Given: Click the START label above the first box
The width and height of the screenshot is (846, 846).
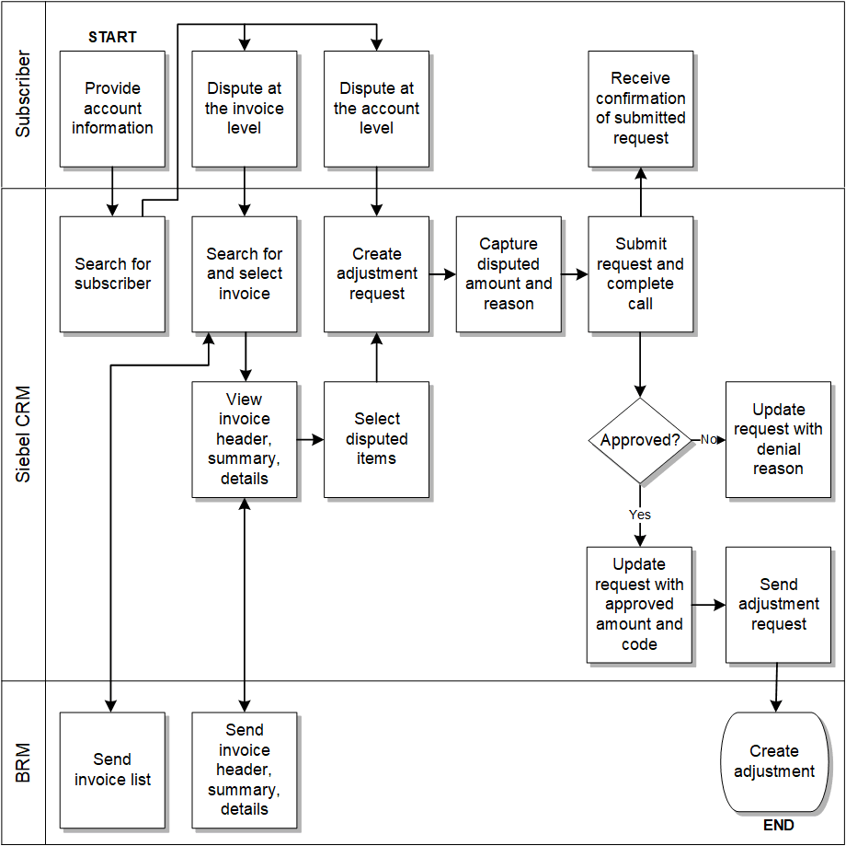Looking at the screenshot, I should point(112,38).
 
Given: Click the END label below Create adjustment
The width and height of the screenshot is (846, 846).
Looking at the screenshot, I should point(778,826).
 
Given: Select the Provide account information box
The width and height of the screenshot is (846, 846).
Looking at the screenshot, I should point(112,109).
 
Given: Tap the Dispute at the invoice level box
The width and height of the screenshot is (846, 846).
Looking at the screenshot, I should point(245,109).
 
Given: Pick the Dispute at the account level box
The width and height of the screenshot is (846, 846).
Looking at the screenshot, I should point(377,109).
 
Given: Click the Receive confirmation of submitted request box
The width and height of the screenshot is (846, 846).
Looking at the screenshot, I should point(641,109).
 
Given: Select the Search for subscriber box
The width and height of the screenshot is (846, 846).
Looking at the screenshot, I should point(112,274).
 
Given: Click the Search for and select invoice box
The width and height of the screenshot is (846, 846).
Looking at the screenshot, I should point(245,274).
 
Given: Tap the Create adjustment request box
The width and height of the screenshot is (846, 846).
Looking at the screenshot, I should point(377,274).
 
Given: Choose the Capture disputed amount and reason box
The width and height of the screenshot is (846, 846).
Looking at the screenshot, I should point(509,274).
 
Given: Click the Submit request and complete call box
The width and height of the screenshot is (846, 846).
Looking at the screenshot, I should point(641,274).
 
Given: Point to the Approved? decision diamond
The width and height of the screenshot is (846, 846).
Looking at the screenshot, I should point(640,440).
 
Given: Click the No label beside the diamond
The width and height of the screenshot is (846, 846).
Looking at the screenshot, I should point(708,440).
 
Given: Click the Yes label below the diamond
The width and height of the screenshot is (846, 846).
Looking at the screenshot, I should point(640,515).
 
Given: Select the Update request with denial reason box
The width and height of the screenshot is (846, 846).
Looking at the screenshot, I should point(778,440).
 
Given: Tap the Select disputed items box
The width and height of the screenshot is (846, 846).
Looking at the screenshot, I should point(377,440).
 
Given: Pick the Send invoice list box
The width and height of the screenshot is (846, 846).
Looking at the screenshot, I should point(112,770).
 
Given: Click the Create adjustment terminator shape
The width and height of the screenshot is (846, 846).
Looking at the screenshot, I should point(774,762).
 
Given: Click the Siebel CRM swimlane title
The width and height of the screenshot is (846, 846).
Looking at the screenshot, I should point(24,435).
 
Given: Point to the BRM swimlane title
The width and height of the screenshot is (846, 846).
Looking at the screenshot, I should point(24,763).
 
